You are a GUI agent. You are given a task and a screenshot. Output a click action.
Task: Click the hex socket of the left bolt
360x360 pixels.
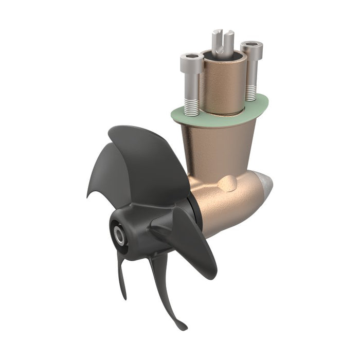point(191,56)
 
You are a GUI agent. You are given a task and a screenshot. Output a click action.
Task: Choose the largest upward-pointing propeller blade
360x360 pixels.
point(149,159)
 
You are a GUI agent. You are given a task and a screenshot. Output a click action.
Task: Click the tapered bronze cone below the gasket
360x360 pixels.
point(216,149)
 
